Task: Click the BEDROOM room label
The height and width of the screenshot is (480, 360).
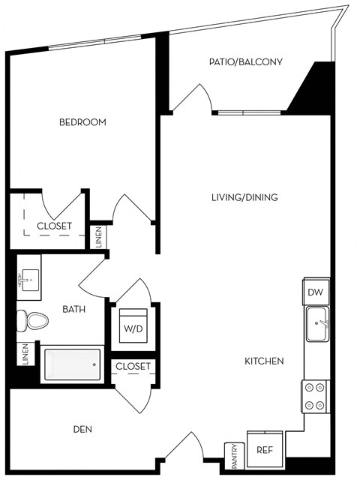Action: pyautogui.click(x=82, y=122)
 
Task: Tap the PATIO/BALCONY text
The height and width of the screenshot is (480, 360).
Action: pyautogui.click(x=245, y=62)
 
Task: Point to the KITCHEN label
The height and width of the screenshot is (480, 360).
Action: pyautogui.click(x=264, y=361)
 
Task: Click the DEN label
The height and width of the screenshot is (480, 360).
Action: pyautogui.click(x=82, y=430)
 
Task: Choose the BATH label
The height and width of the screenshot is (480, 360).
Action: pyautogui.click(x=73, y=308)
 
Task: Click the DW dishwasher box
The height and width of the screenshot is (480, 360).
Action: pyautogui.click(x=316, y=292)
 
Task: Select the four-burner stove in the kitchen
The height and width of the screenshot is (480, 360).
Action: pyautogui.click(x=315, y=396)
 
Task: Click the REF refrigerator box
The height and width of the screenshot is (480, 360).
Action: pyautogui.click(x=264, y=450)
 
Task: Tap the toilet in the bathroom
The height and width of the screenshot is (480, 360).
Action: pyautogui.click(x=33, y=320)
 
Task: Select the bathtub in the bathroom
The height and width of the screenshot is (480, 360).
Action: pyautogui.click(x=71, y=364)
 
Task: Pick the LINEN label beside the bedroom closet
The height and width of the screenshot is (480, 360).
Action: pyautogui.click(x=99, y=237)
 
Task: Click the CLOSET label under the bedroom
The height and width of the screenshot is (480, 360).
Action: pyautogui.click(x=54, y=226)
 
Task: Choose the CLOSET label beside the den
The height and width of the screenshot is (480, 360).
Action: pyautogui.click(x=133, y=367)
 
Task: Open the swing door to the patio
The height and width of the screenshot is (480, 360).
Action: pyautogui.click(x=192, y=99)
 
